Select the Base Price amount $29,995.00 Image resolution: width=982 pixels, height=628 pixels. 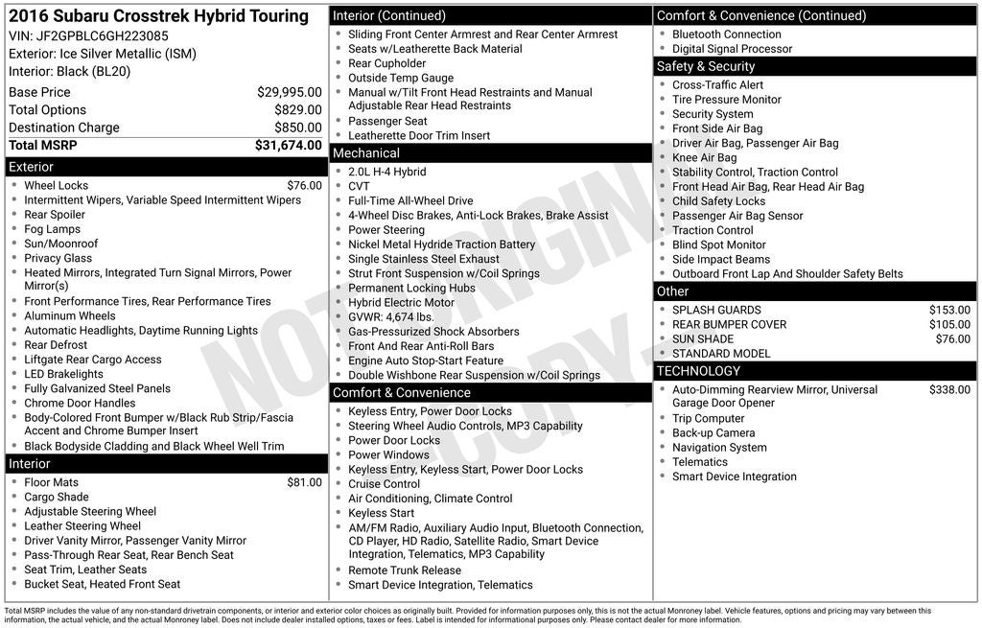pyautogui.click(x=289, y=92)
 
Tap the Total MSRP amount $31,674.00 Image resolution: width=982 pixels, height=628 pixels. pyautogui.click(x=288, y=145)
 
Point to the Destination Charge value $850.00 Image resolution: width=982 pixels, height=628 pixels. pyautogui.click(x=297, y=128)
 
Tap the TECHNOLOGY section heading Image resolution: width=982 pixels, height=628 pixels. pyautogui.click(x=698, y=371)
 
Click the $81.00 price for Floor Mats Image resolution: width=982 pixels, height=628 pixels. pyautogui.click(x=304, y=482)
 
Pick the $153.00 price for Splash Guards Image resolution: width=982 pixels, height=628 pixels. pyautogui.click(x=949, y=310)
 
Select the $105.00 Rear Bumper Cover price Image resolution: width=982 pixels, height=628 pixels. pyautogui.click(x=949, y=324)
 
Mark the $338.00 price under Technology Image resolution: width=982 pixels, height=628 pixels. pyautogui.click(x=949, y=390)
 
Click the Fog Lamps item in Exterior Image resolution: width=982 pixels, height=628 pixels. pyautogui.click(x=52, y=229)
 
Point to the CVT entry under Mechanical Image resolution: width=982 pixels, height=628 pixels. pyautogui.click(x=359, y=187)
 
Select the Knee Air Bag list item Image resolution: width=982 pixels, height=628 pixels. pyautogui.click(x=704, y=157)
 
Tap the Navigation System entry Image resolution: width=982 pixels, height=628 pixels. pyautogui.click(x=719, y=448)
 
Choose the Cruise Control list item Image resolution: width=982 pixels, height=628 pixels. pyautogui.click(x=384, y=484)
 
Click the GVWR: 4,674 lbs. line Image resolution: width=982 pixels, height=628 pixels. pyautogui.click(x=391, y=317)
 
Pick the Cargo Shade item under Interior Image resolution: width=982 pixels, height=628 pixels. pyautogui.click(x=56, y=497)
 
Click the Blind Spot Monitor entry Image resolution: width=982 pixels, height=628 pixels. pyautogui.click(x=718, y=244)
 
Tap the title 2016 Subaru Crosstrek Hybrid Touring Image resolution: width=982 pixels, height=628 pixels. pyautogui.click(x=158, y=16)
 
